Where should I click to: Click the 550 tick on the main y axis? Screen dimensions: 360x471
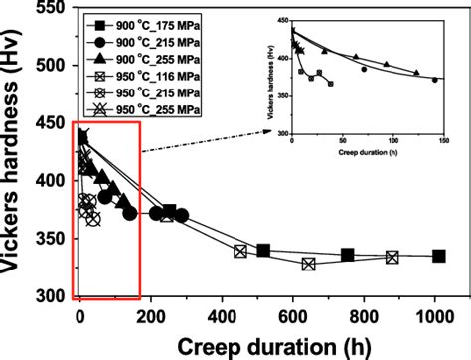click(53, 9)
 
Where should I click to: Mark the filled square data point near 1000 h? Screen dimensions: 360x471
click(439, 256)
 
